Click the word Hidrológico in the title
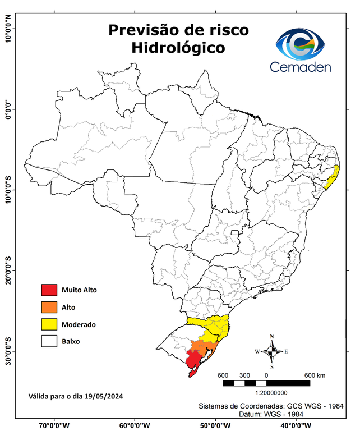(x=178, y=48)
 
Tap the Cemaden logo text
(x=301, y=67)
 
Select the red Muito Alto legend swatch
(x=49, y=290)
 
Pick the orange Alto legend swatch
(x=49, y=307)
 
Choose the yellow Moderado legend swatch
(x=49, y=324)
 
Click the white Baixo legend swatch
(x=49, y=341)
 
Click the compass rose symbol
(x=271, y=351)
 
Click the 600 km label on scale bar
(x=315, y=375)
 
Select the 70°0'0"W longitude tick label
(x=54, y=425)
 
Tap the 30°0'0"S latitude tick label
(x=8, y=351)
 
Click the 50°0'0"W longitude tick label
(x=216, y=425)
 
